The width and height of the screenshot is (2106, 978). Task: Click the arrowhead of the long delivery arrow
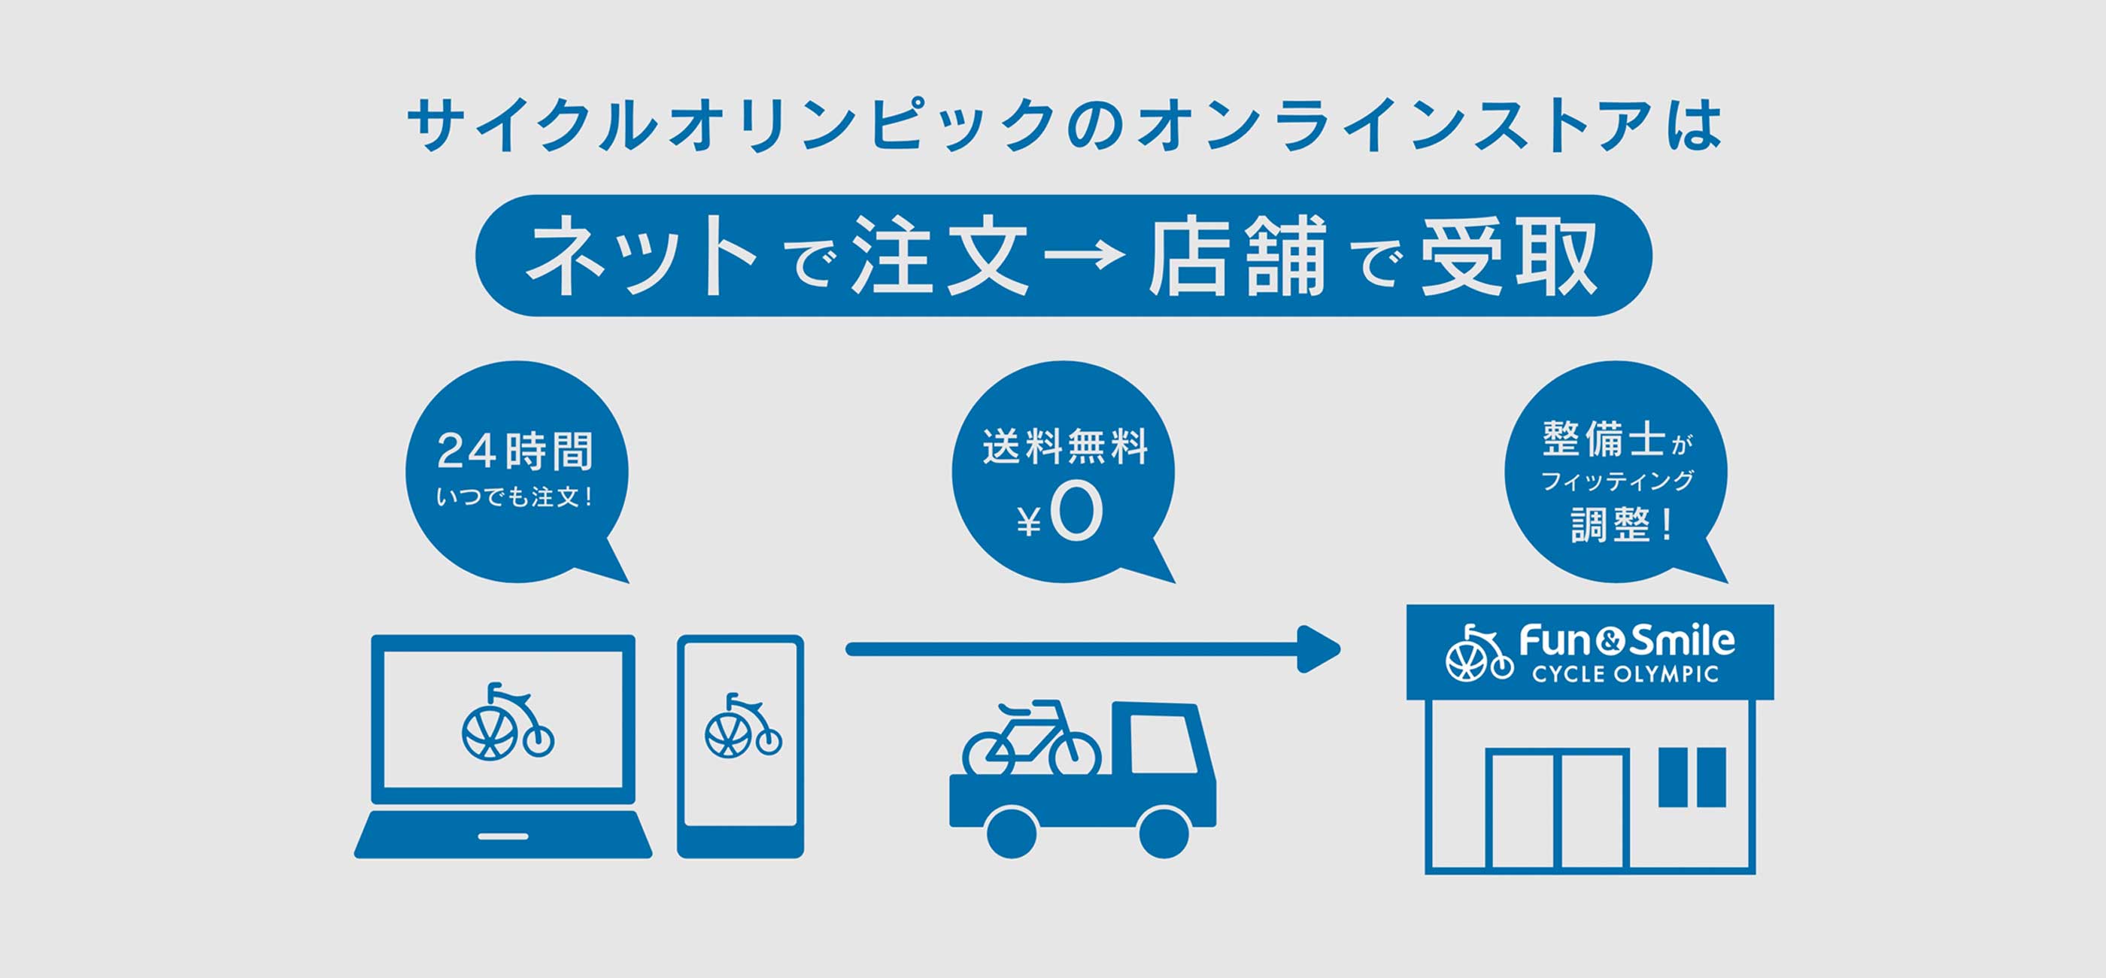click(x=1318, y=649)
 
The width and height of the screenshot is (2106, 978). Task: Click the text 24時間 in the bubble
click(x=515, y=451)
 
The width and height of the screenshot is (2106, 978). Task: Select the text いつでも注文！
click(x=515, y=497)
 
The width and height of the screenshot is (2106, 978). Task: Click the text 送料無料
click(x=1064, y=448)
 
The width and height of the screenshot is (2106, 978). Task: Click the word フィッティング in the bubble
click(x=1616, y=481)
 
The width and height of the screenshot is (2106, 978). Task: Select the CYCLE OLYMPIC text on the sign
click(x=1625, y=675)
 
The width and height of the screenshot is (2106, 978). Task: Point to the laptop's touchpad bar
click(x=502, y=837)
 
